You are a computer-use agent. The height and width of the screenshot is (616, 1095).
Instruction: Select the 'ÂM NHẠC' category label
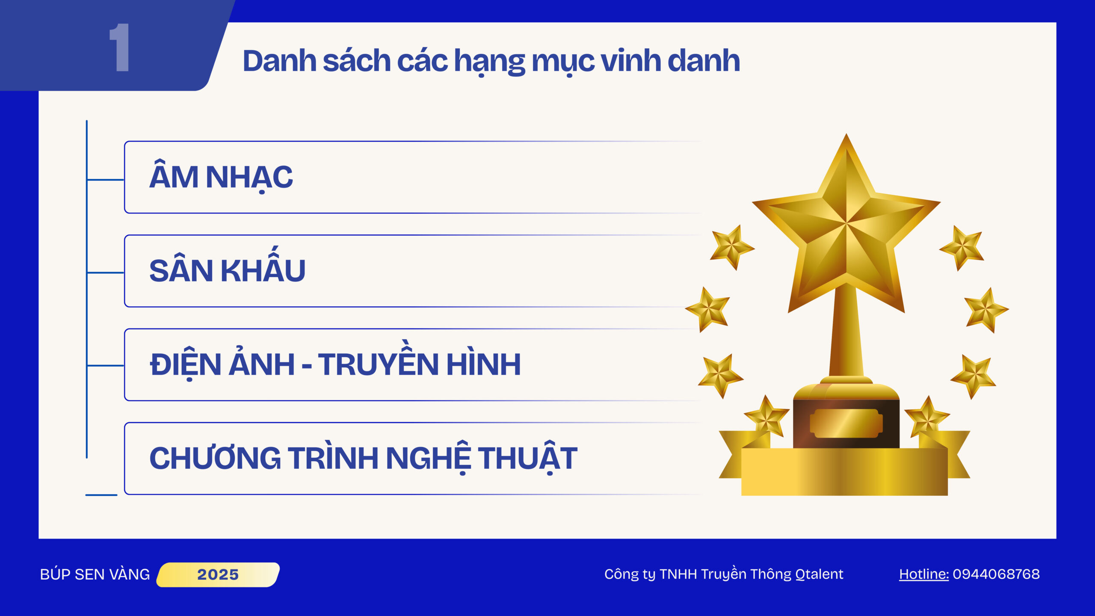221,176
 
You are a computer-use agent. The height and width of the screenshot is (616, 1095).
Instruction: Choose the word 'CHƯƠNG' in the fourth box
215,458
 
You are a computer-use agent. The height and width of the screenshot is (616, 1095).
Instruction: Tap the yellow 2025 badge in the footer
218,575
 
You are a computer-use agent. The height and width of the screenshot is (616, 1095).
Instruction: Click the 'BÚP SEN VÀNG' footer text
95,574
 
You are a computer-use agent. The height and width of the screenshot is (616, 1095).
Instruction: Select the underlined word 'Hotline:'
924,574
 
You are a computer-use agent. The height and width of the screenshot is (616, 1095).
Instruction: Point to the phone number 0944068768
996,574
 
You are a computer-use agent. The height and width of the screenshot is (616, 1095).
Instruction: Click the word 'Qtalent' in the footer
819,574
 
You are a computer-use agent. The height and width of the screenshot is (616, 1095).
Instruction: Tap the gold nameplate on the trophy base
846,423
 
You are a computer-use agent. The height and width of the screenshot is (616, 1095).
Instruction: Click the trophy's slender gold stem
846,334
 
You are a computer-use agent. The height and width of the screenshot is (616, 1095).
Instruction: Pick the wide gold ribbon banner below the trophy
844,471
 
